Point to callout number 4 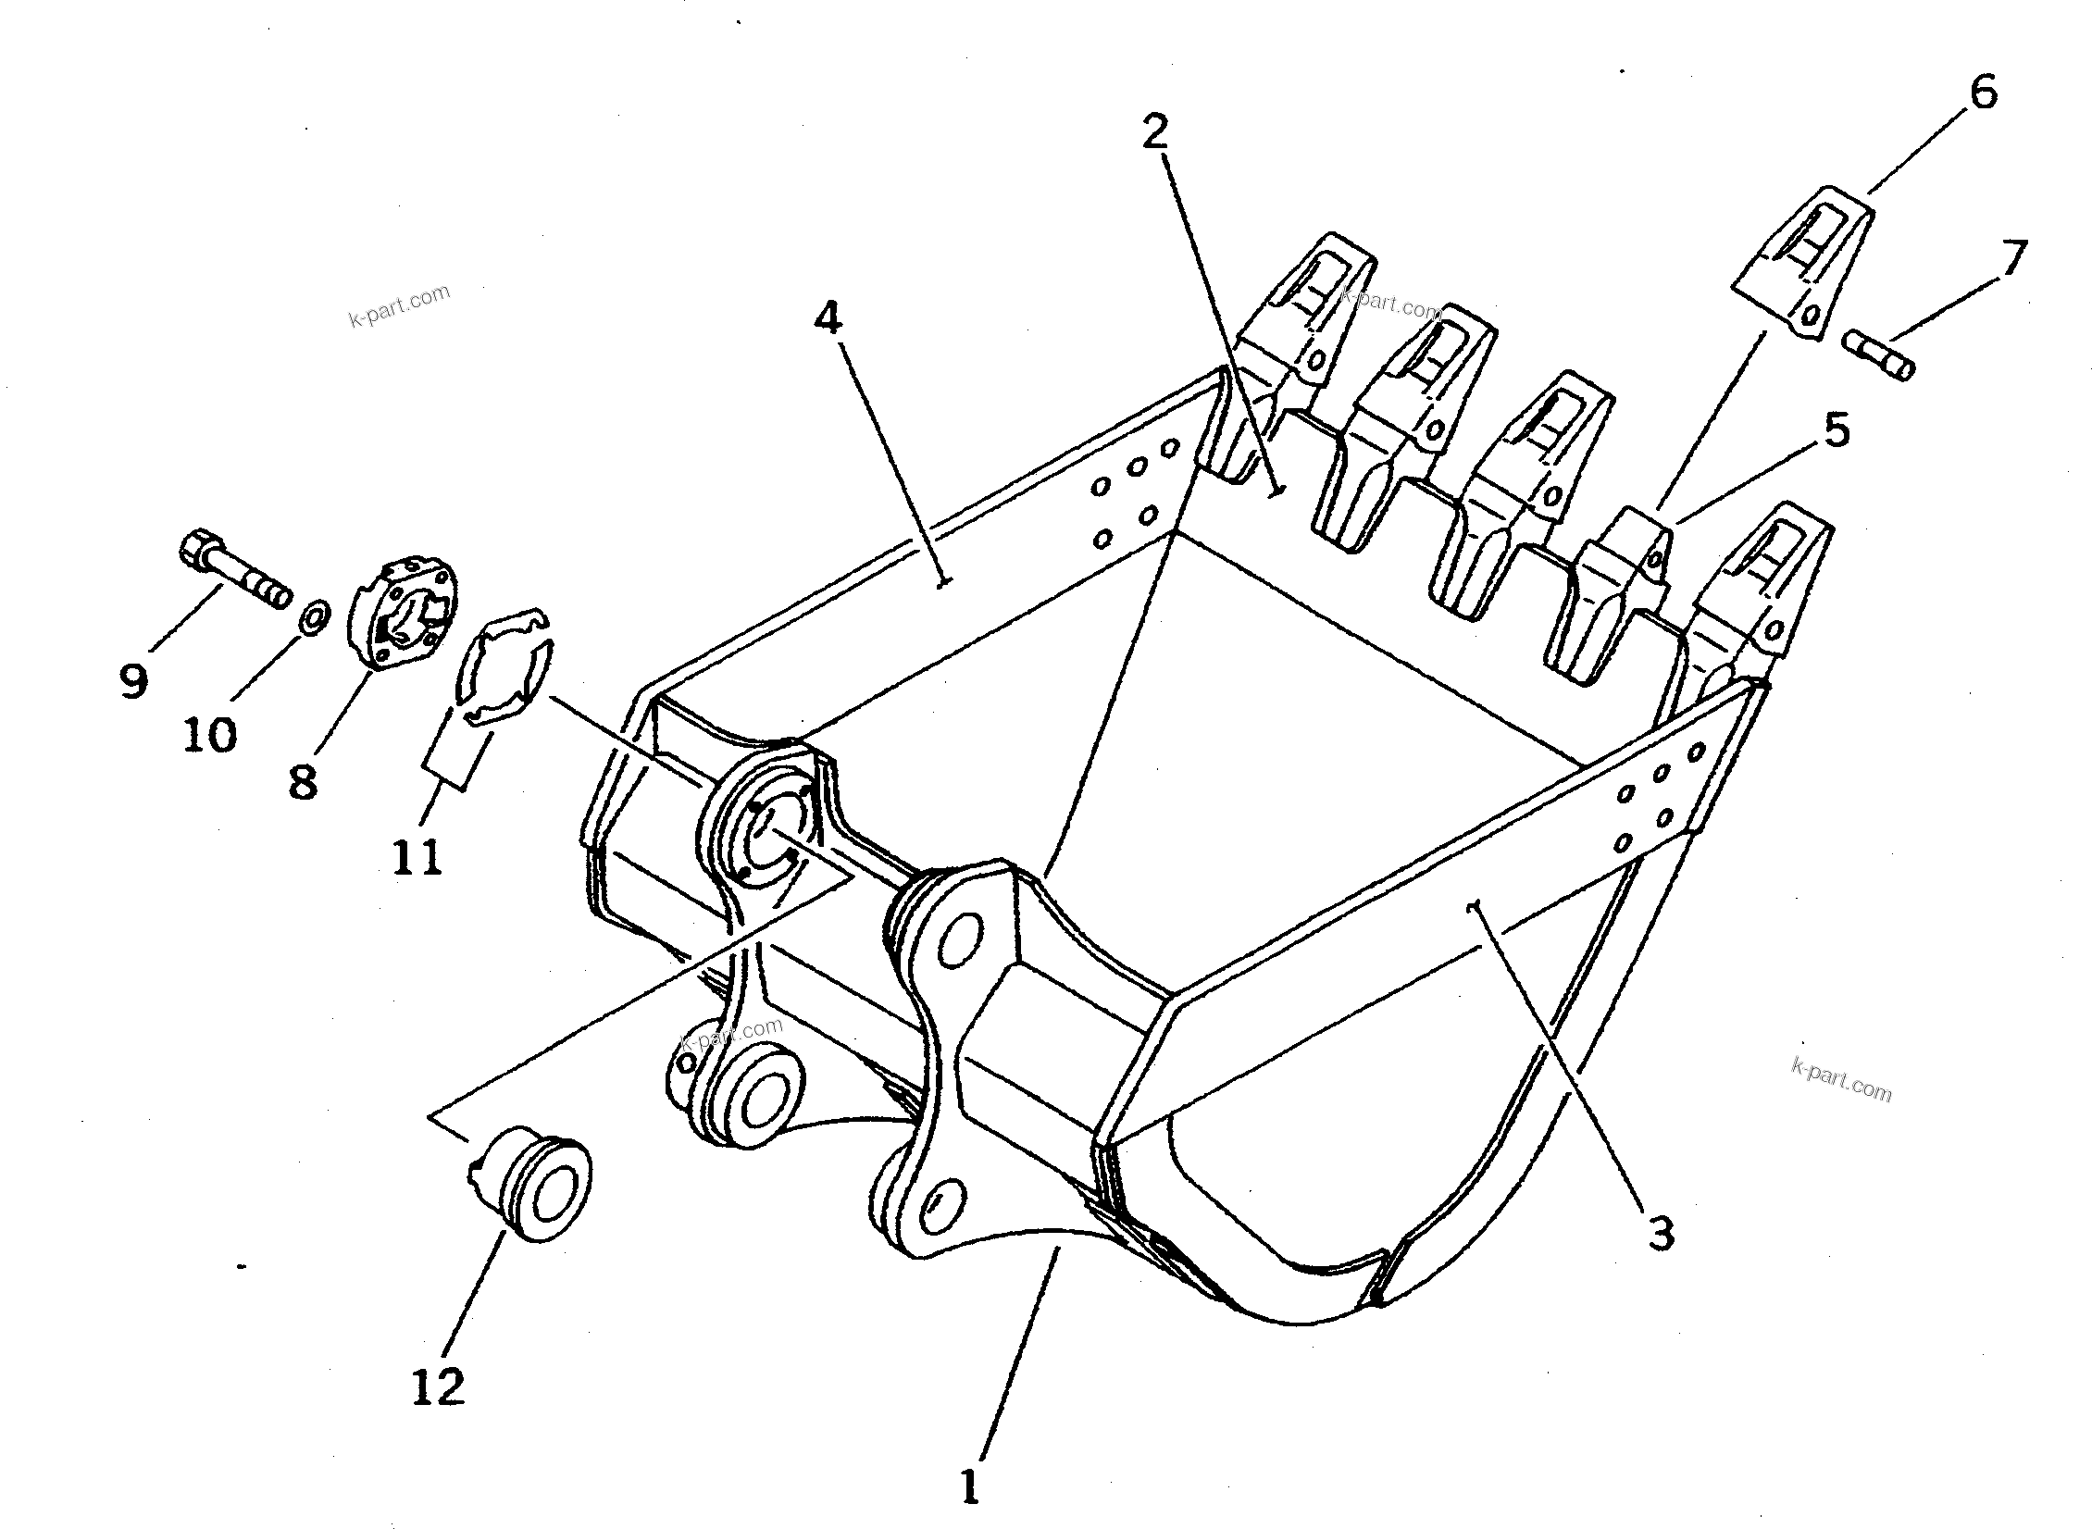[828, 318]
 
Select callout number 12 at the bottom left [437, 1387]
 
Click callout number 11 [417, 856]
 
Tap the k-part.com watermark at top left [399, 306]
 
